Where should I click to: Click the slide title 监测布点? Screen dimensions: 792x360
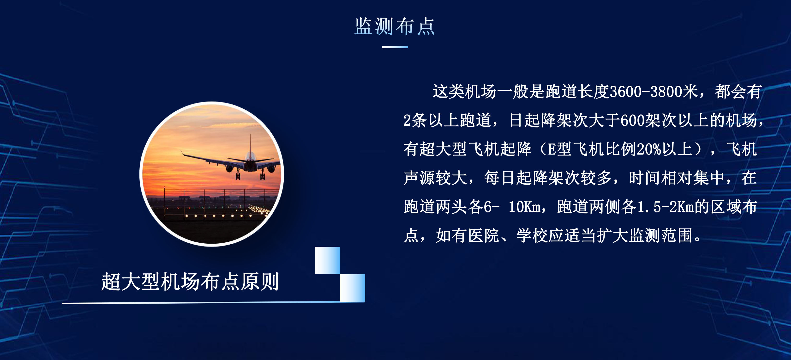point(395,26)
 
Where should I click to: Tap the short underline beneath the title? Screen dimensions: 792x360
point(395,47)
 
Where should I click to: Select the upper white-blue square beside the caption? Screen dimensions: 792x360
point(327,260)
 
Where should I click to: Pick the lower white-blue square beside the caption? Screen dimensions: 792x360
point(352,288)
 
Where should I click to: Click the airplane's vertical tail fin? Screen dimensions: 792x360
point(250,144)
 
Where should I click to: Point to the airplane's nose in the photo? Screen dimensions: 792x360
point(251,166)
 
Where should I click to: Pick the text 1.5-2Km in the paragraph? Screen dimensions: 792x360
point(666,207)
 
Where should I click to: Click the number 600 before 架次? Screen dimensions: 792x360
point(632,120)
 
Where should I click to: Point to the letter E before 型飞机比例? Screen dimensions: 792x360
point(552,150)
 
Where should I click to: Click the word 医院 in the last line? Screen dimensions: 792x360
point(484,235)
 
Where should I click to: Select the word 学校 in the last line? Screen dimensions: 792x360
point(532,235)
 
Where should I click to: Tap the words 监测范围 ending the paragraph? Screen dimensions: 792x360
point(661,235)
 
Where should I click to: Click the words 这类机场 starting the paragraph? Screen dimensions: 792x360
point(465,92)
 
